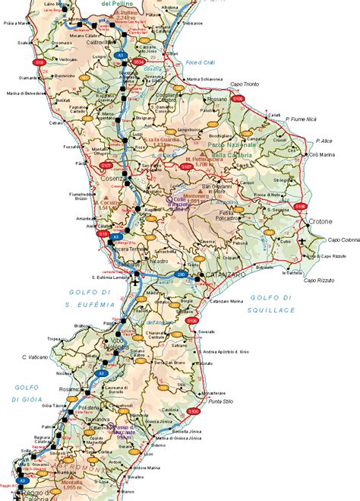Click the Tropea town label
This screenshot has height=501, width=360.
54,339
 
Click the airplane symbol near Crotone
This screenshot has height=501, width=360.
301,241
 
